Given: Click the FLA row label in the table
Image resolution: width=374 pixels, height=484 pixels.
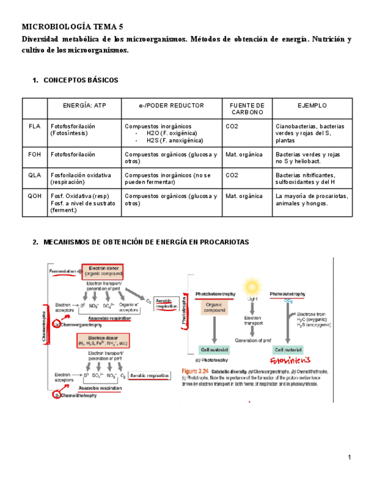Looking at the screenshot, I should point(34,126).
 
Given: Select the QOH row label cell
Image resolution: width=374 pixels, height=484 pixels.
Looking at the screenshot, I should point(34,196).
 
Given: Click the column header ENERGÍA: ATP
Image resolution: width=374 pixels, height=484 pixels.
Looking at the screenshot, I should point(84,106).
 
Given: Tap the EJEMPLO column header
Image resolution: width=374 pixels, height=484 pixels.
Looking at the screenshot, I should point(312,106).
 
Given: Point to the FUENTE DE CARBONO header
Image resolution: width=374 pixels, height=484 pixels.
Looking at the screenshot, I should point(247,109).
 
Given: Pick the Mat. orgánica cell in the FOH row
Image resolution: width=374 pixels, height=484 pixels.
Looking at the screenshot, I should point(244,154).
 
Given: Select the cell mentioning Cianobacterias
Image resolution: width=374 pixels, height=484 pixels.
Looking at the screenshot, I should point(312,133).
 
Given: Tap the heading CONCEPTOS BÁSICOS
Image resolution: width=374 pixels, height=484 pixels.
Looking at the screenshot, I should point(81,80).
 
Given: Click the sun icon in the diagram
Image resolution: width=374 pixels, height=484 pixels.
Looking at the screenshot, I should point(252,285).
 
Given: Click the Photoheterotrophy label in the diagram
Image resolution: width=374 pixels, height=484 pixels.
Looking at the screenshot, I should point(215,295).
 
